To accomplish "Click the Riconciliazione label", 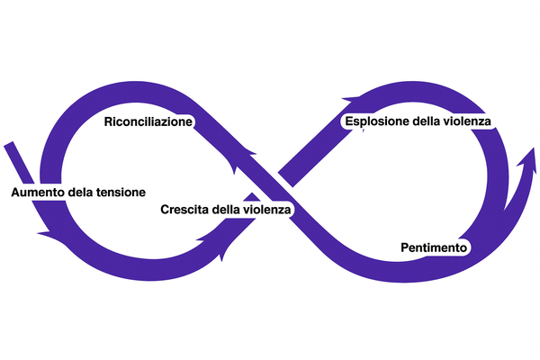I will [x=149, y=121].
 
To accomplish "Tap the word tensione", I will [x=117, y=193].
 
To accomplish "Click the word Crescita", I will [x=184, y=210].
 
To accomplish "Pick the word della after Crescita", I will [x=229, y=210].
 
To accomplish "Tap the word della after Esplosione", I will [x=428, y=121].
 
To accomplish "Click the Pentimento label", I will [x=432, y=247].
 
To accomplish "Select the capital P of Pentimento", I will [x=402, y=247].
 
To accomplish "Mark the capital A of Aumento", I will [x=15, y=193].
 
